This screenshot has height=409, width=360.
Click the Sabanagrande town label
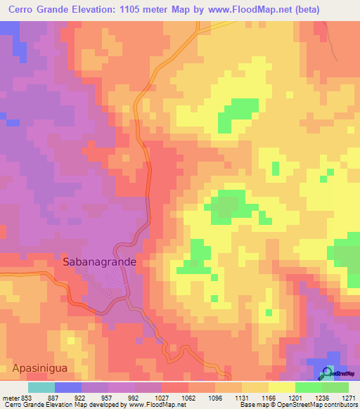point(99,261)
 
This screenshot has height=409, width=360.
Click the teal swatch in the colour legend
point(41,387)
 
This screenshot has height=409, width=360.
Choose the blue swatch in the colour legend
point(68,387)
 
